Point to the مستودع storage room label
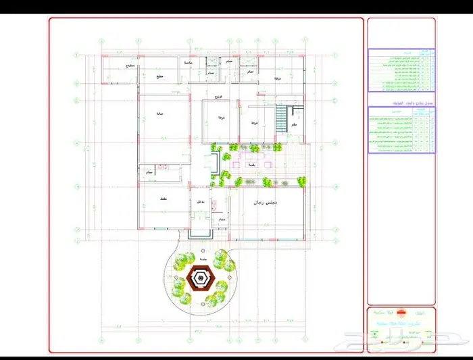(x=130, y=66)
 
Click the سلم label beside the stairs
(x=294, y=126)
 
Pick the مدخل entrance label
(x=201, y=202)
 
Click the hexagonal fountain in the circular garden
(x=201, y=278)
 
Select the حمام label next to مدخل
(x=221, y=220)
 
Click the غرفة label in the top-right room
(x=276, y=80)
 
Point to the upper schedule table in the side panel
(x=401, y=70)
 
